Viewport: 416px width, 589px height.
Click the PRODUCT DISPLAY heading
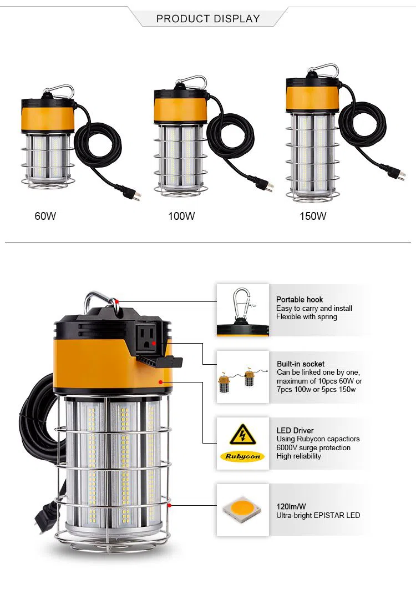pyautogui.click(x=208, y=18)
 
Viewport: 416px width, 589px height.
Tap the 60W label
pyautogui.click(x=45, y=216)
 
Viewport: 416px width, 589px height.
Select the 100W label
pyautogui.click(x=181, y=216)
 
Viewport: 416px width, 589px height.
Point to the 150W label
pyautogui.click(x=313, y=216)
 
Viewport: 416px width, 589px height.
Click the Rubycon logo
pyautogui.click(x=242, y=456)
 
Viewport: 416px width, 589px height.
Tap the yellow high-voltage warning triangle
pyautogui.click(x=242, y=435)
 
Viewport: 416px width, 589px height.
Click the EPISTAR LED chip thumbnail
pyautogui.click(x=242, y=509)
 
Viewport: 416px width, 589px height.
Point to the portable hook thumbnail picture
pyautogui.click(x=242, y=310)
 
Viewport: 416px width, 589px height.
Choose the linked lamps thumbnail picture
pyautogui.click(x=242, y=377)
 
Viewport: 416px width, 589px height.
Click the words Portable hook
pyautogui.click(x=300, y=299)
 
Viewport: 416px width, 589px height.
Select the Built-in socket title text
pyautogui.click(x=301, y=364)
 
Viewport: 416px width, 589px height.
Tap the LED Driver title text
pyautogui.click(x=295, y=430)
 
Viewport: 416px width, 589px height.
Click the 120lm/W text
pyautogui.click(x=291, y=506)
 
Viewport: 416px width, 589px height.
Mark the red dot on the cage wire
pyautogui.click(x=169, y=506)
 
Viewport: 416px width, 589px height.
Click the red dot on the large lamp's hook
pyautogui.click(x=117, y=301)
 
